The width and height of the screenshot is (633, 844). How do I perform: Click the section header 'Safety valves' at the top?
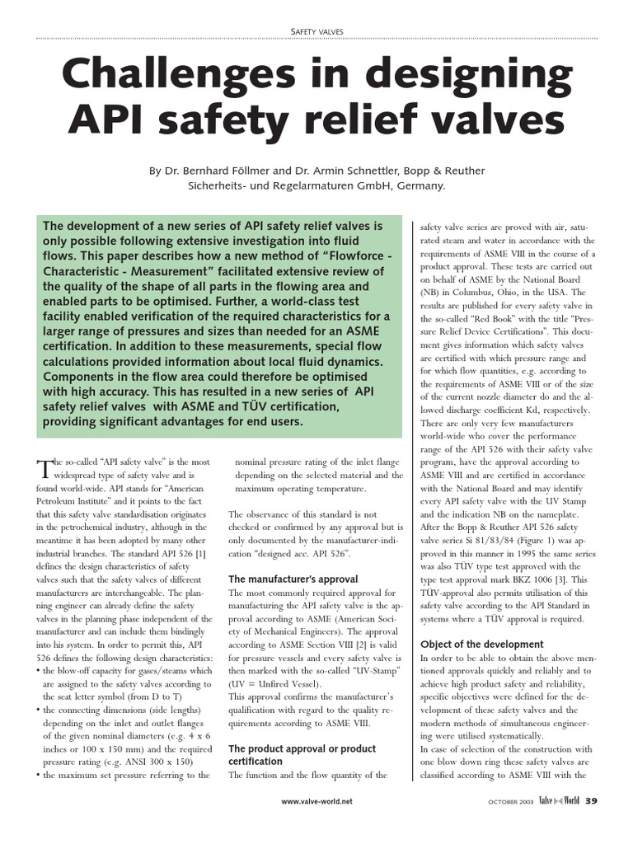click(316, 31)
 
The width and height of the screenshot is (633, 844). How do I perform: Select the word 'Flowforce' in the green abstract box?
click(342, 256)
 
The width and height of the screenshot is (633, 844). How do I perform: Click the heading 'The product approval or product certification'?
click(302, 755)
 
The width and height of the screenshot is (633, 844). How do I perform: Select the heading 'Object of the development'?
click(481, 644)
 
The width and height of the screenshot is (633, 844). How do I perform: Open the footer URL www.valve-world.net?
click(316, 801)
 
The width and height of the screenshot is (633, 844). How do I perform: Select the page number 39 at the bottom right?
click(592, 800)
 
